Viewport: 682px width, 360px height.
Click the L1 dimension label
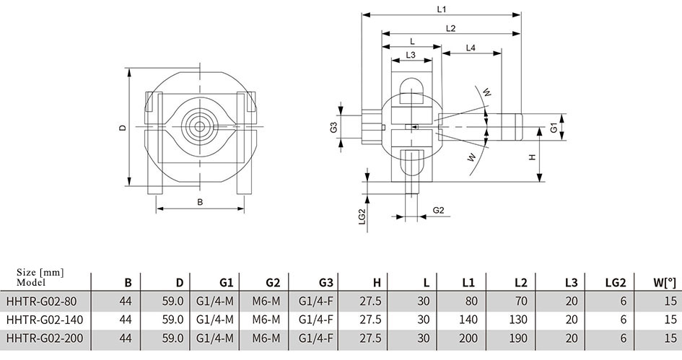[x=442, y=9]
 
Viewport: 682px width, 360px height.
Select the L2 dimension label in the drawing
[x=450, y=28]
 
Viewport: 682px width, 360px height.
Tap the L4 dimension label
[x=471, y=48]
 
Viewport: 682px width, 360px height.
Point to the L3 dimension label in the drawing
[x=411, y=55]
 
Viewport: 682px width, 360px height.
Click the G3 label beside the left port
[x=333, y=128]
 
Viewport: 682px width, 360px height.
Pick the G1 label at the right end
[x=554, y=128]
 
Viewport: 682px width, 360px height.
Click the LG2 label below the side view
[x=362, y=216]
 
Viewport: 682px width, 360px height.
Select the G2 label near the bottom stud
[x=439, y=211]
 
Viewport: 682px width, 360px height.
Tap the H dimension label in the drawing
[x=533, y=157]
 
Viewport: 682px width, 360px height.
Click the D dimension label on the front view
[x=123, y=128]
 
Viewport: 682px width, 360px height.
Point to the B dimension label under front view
[x=200, y=202]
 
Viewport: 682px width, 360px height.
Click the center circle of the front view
[x=200, y=126]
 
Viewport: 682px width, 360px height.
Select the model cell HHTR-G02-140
[x=45, y=320]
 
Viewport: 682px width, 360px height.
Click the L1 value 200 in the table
[x=468, y=338]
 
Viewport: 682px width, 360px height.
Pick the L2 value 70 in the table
[x=520, y=301]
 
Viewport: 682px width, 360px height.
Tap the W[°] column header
[x=665, y=283]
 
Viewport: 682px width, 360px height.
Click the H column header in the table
[x=377, y=283]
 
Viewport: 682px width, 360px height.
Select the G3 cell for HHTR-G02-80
[x=316, y=301]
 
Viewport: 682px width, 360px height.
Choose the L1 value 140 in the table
[x=468, y=320]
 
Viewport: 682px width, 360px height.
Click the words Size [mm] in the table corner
[x=40, y=273]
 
